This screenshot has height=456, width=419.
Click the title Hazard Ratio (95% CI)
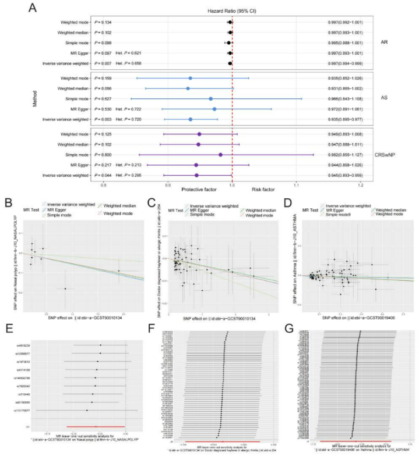point(231,11)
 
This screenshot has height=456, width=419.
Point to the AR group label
point(384,42)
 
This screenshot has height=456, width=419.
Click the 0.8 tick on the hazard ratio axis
point(104,185)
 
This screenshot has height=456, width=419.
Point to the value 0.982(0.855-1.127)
point(346,154)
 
